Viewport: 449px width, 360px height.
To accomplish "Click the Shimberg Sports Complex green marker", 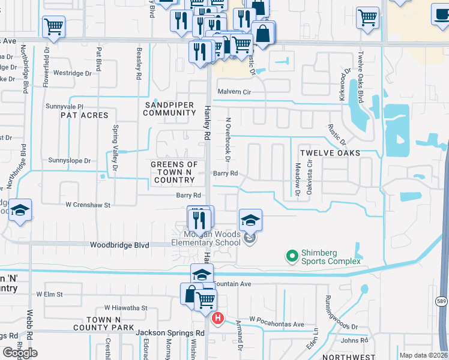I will pos(292,257).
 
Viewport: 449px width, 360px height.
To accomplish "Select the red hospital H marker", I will pos(218,318).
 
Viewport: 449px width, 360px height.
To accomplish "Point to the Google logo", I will pos(20,353).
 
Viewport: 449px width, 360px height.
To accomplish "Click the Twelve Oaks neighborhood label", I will pos(330,153).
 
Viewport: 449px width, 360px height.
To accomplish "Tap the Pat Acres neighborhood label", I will pos(84,115).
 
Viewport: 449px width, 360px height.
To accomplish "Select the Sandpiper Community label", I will pos(170,109).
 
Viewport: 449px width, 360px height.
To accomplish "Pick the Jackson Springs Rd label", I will pos(170,333).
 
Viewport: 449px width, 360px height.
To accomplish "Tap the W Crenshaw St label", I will pos(88,205).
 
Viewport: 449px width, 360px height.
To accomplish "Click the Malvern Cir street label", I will pos(234,92).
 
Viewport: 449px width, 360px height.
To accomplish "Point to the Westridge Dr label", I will pos(72,73).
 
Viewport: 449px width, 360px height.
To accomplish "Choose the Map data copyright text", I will pos(424,355).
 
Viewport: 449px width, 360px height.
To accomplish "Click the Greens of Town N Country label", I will pos(174,172).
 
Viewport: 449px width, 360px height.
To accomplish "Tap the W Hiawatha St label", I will pos(125,308).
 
